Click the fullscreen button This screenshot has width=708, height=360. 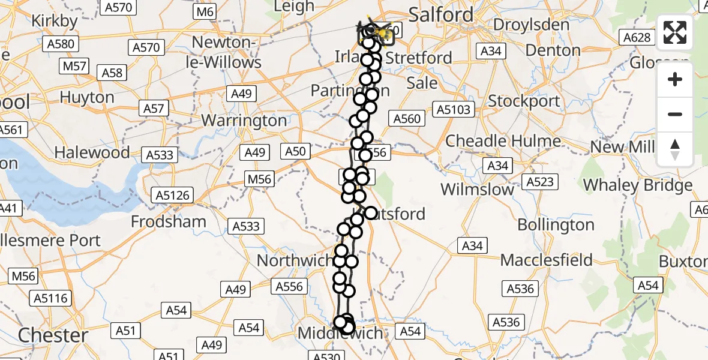675,33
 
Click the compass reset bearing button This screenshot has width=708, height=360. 675,149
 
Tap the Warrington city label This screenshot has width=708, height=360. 244,121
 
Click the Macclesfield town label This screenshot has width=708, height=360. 546,260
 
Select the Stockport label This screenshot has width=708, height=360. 524,101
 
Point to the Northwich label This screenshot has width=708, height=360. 294,261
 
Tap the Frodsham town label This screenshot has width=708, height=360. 169,221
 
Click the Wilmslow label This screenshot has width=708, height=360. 477,190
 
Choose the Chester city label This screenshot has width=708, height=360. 53,335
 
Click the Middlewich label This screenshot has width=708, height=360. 340,334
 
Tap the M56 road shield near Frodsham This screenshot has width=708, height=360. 260,179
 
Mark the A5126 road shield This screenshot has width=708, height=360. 173,195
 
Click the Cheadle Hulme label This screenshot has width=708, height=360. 503,142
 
